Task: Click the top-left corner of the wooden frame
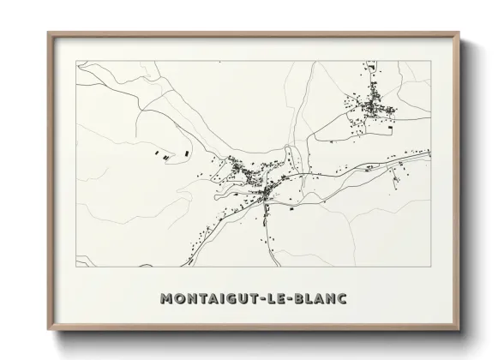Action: (x=48, y=33)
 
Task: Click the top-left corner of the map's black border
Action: (x=77, y=61)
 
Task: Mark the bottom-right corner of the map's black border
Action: (x=430, y=266)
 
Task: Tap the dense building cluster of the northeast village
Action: (x=374, y=106)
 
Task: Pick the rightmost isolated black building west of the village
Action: (x=183, y=154)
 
